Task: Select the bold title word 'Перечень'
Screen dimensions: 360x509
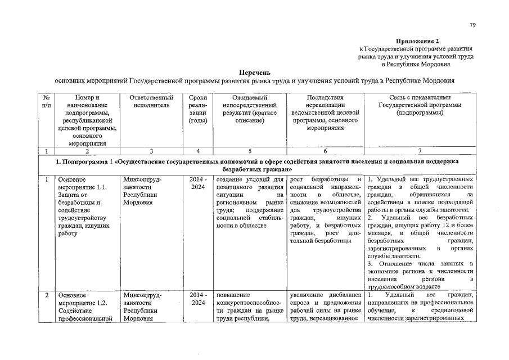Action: [255, 72]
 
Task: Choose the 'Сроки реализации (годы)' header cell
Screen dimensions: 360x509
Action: [198, 109]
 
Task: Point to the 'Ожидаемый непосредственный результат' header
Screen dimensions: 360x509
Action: [249, 109]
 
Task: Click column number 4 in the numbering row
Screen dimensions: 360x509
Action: [198, 150]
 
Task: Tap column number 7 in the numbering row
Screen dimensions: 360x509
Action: [420, 150]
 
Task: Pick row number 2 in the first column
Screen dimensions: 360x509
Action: [46, 294]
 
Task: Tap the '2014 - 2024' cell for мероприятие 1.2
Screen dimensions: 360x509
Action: [198, 298]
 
